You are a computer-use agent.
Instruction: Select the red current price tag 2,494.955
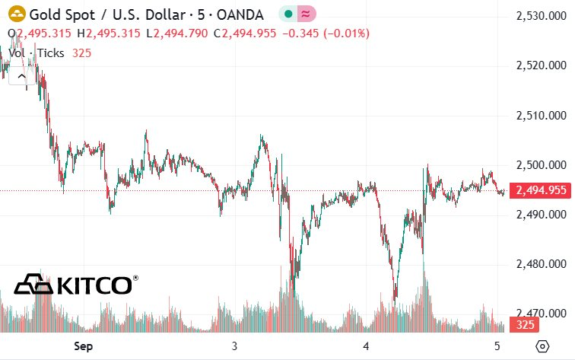tap(541, 190)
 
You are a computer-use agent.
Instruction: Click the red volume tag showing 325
tap(524, 325)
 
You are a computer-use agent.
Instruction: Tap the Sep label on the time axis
tap(83, 346)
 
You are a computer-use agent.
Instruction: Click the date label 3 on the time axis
tap(234, 346)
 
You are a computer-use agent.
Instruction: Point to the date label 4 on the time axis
tap(366, 346)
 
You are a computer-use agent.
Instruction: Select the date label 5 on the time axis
tap(496, 346)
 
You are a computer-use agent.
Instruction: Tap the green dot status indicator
tap(288, 14)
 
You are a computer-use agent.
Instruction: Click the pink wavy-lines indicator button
tap(306, 14)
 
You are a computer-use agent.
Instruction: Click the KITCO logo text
tap(76, 285)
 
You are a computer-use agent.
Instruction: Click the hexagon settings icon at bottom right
tap(542, 346)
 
